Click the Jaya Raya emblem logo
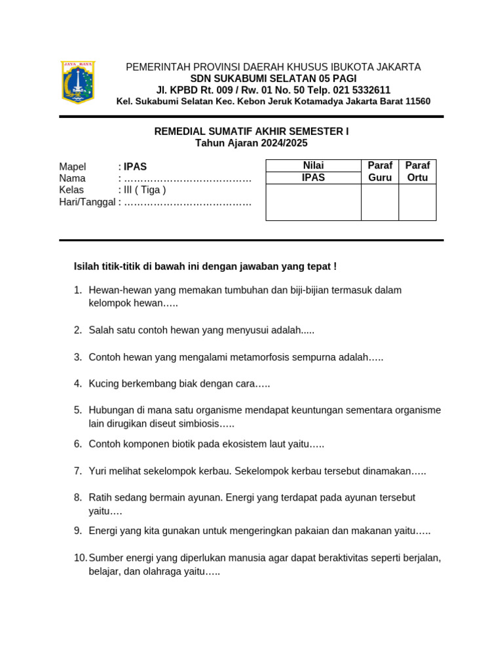(x=78, y=83)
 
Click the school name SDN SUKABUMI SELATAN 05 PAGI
(x=273, y=79)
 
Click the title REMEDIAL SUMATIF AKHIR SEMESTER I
(x=251, y=132)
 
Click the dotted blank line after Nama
(x=187, y=179)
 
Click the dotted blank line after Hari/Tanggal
(x=187, y=202)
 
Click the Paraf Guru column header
(x=380, y=172)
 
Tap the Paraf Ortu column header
(x=417, y=172)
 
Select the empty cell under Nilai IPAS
(x=313, y=202)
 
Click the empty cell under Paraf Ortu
(x=417, y=202)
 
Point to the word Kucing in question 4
(x=104, y=384)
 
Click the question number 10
(x=80, y=558)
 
